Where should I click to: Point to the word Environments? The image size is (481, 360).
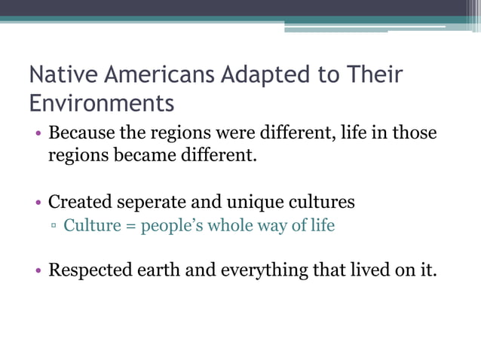[x=101, y=102]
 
